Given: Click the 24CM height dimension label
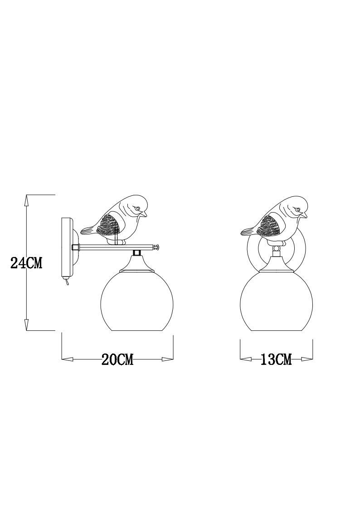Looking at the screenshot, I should [x=26, y=263].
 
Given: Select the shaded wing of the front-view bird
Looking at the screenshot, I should [x=268, y=225].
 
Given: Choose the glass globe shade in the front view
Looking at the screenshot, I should [x=276, y=301].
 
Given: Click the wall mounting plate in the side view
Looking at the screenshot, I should [x=67, y=247].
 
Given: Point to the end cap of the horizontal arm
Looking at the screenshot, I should [x=157, y=247].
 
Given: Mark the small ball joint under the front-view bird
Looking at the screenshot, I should [x=276, y=248].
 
